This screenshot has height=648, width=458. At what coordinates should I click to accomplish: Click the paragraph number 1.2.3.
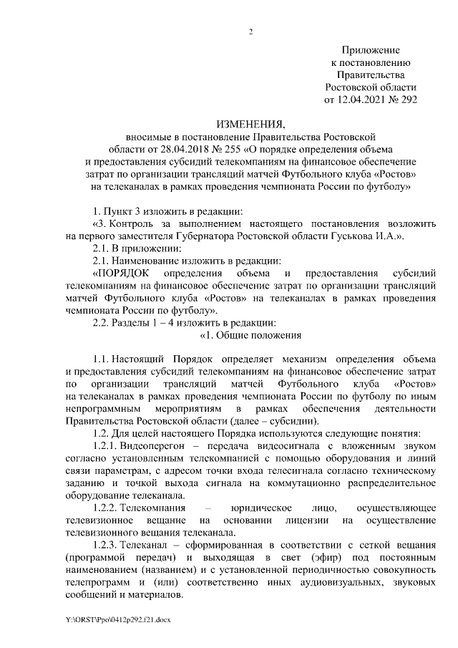tap(107, 545)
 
